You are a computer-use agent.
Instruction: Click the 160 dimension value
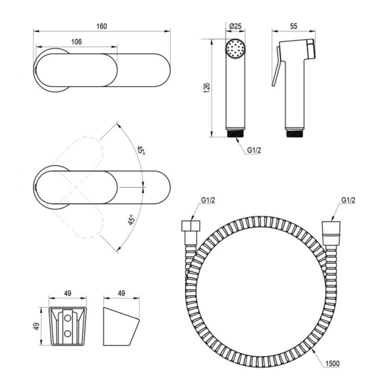[102, 26]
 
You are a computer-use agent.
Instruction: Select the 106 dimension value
[76, 42]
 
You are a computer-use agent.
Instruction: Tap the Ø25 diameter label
[236, 26]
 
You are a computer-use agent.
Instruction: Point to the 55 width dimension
[294, 26]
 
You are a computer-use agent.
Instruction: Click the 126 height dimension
[206, 88]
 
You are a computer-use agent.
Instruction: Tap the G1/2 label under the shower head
[254, 150]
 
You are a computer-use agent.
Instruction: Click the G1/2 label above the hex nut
[208, 200]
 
